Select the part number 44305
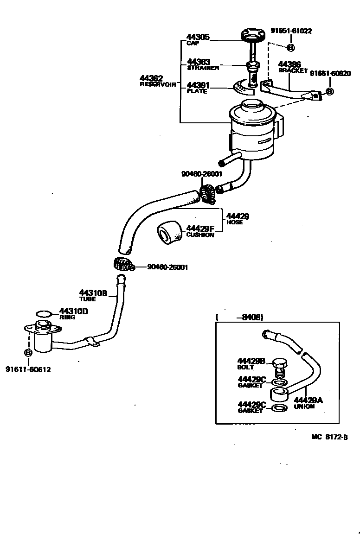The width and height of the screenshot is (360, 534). coord(198,37)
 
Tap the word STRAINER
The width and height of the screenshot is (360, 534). coord(203,68)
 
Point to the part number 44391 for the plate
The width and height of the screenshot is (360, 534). coord(198,85)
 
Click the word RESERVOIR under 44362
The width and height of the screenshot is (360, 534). coord(158,85)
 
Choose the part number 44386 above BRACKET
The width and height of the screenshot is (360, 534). coord(289,64)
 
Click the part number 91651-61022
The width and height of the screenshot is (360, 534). coord(291,31)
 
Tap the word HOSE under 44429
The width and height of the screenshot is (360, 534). coord(234,222)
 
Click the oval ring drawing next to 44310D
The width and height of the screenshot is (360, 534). coord(44,314)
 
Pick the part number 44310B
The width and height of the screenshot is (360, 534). coord(93,293)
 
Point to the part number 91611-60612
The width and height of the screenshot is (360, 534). coord(28,369)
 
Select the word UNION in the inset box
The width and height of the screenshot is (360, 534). coord(304,407)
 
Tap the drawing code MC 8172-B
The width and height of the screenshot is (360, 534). coord(329,437)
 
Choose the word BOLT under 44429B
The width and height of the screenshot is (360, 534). coord(246,367)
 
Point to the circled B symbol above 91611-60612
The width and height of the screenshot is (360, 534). coord(28,353)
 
